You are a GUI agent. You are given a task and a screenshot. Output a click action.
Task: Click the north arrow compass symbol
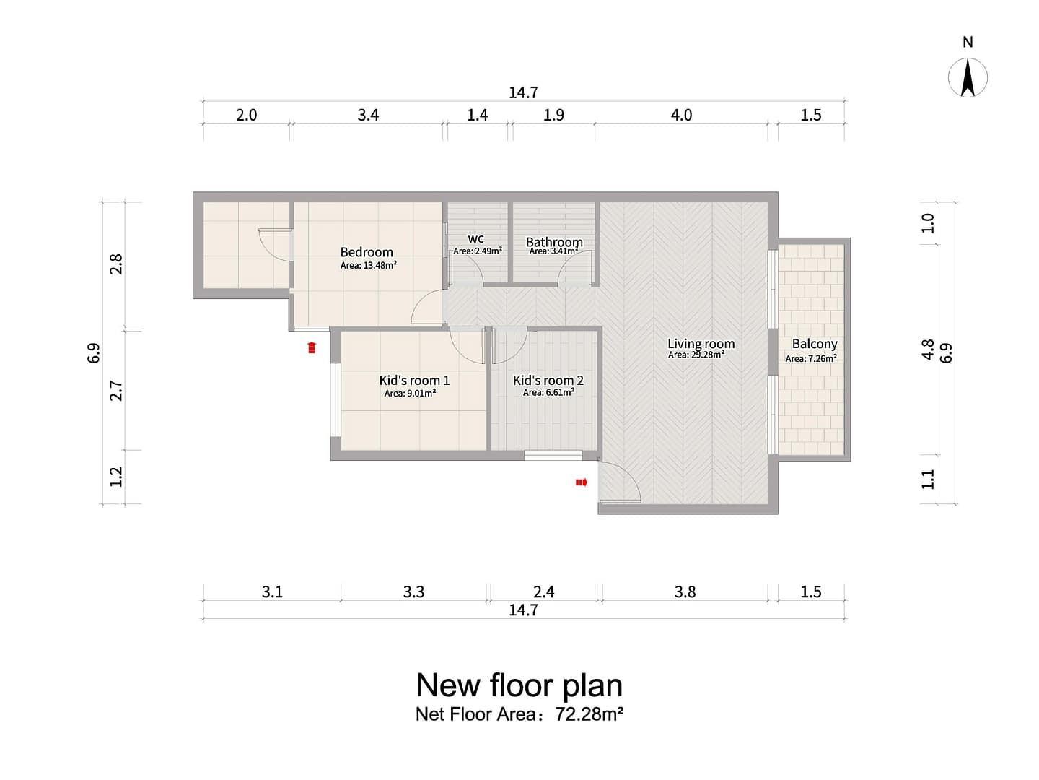coord(968,78)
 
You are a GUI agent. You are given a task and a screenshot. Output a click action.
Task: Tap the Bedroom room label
coord(367,252)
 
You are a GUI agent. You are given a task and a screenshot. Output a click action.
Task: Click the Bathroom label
coord(554,242)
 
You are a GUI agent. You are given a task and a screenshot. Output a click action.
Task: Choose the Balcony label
coord(815,343)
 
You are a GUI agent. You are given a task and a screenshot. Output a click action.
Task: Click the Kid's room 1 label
coord(414,380)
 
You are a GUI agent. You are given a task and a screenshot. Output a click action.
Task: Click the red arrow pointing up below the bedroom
coord(312,347)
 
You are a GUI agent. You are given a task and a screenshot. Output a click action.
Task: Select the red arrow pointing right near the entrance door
coord(582,482)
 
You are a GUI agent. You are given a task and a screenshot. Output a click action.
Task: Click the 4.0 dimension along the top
coord(681,115)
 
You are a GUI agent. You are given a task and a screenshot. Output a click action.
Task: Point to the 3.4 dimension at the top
coord(368,115)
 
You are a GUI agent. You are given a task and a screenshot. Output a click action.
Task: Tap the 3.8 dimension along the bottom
coord(685,591)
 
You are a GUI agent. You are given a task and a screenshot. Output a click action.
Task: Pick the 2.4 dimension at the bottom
coord(544,591)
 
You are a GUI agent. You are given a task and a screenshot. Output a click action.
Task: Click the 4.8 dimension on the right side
coord(928,350)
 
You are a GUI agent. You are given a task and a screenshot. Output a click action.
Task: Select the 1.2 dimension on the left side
coord(116,477)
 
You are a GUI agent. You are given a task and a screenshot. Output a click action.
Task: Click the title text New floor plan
coord(519,685)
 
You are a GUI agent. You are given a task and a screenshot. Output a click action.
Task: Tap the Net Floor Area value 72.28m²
coord(589,714)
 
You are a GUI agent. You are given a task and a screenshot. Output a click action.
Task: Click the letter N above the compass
coord(968,42)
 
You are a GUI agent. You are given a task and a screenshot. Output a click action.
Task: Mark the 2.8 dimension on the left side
coord(116,264)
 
